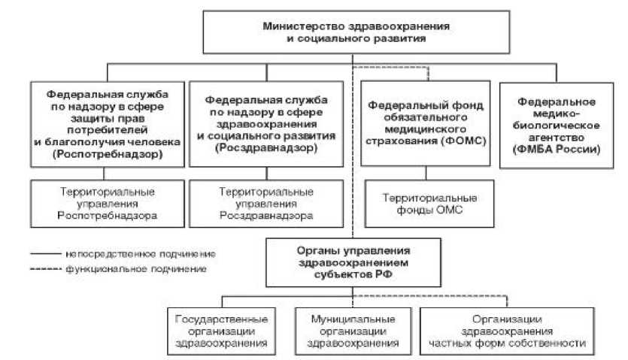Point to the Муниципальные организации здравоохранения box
click(x=353, y=331)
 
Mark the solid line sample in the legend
click(x=46, y=253)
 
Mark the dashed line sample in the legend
click(x=46, y=268)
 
